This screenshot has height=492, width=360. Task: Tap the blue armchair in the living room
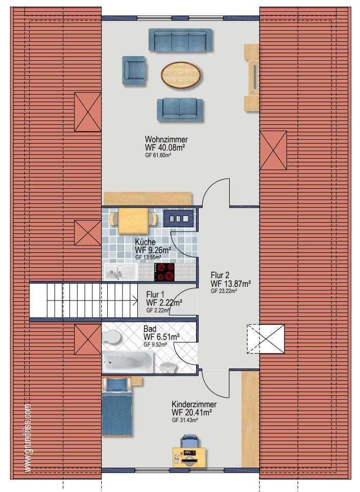click(x=134, y=70)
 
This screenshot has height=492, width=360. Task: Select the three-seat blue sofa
click(x=180, y=40)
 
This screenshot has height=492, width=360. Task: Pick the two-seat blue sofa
click(x=180, y=110)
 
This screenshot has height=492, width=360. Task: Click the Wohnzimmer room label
click(x=166, y=139)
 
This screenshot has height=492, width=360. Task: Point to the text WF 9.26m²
click(x=153, y=250)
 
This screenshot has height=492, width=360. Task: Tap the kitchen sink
click(x=121, y=272)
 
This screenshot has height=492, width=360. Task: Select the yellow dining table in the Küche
click(x=133, y=220)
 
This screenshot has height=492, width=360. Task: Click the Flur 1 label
click(x=155, y=294)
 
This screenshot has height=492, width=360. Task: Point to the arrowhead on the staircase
click(x=136, y=301)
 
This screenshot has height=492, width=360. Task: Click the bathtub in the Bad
click(x=128, y=362)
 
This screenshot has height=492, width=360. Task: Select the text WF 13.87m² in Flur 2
click(x=231, y=284)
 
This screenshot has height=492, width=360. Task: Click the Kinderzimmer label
click(x=194, y=404)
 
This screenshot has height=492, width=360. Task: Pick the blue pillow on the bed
click(x=117, y=385)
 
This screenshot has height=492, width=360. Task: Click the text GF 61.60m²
click(x=158, y=155)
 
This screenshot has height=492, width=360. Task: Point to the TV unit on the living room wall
click(x=252, y=78)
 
